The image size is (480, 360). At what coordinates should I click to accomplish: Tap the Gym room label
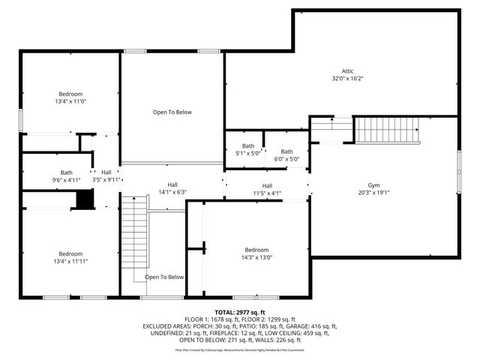[373, 185]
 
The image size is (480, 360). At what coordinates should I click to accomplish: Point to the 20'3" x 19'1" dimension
[373, 193]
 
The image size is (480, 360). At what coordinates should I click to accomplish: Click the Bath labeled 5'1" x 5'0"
[248, 146]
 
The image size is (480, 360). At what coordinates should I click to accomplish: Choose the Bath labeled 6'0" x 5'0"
[286, 151]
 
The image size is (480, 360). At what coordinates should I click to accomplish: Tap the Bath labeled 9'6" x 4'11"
[67, 172]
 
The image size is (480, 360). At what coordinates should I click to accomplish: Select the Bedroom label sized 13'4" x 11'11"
[70, 253]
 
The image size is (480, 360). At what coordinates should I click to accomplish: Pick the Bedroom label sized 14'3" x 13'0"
[256, 250]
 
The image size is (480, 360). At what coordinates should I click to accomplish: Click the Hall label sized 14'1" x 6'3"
[172, 184]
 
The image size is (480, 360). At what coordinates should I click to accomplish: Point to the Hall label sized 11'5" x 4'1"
[267, 186]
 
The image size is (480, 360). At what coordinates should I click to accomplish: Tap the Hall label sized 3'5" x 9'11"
[106, 172]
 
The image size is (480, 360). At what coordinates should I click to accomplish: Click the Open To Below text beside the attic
[172, 112]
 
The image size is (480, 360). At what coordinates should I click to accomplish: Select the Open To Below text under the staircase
[164, 277]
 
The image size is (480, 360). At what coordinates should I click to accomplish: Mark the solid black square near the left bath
[85, 199]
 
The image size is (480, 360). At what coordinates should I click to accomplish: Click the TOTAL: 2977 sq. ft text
[240, 312]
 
